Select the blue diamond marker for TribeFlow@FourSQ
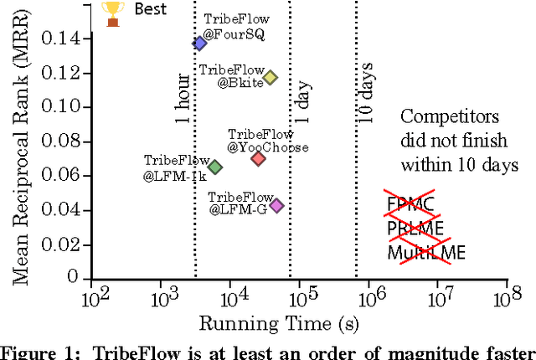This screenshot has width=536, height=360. [x=199, y=44]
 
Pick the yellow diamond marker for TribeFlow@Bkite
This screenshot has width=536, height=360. [x=270, y=78]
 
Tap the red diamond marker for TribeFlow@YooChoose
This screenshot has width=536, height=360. [x=258, y=158]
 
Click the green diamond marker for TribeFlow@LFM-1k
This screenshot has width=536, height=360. [x=214, y=167]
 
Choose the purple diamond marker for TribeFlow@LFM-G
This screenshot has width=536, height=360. [x=276, y=205]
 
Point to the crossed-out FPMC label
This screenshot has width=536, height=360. [x=410, y=205]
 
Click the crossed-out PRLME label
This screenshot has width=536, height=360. [x=415, y=229]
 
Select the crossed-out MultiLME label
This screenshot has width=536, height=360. [x=426, y=252]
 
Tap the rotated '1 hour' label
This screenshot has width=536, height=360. [x=182, y=100]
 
